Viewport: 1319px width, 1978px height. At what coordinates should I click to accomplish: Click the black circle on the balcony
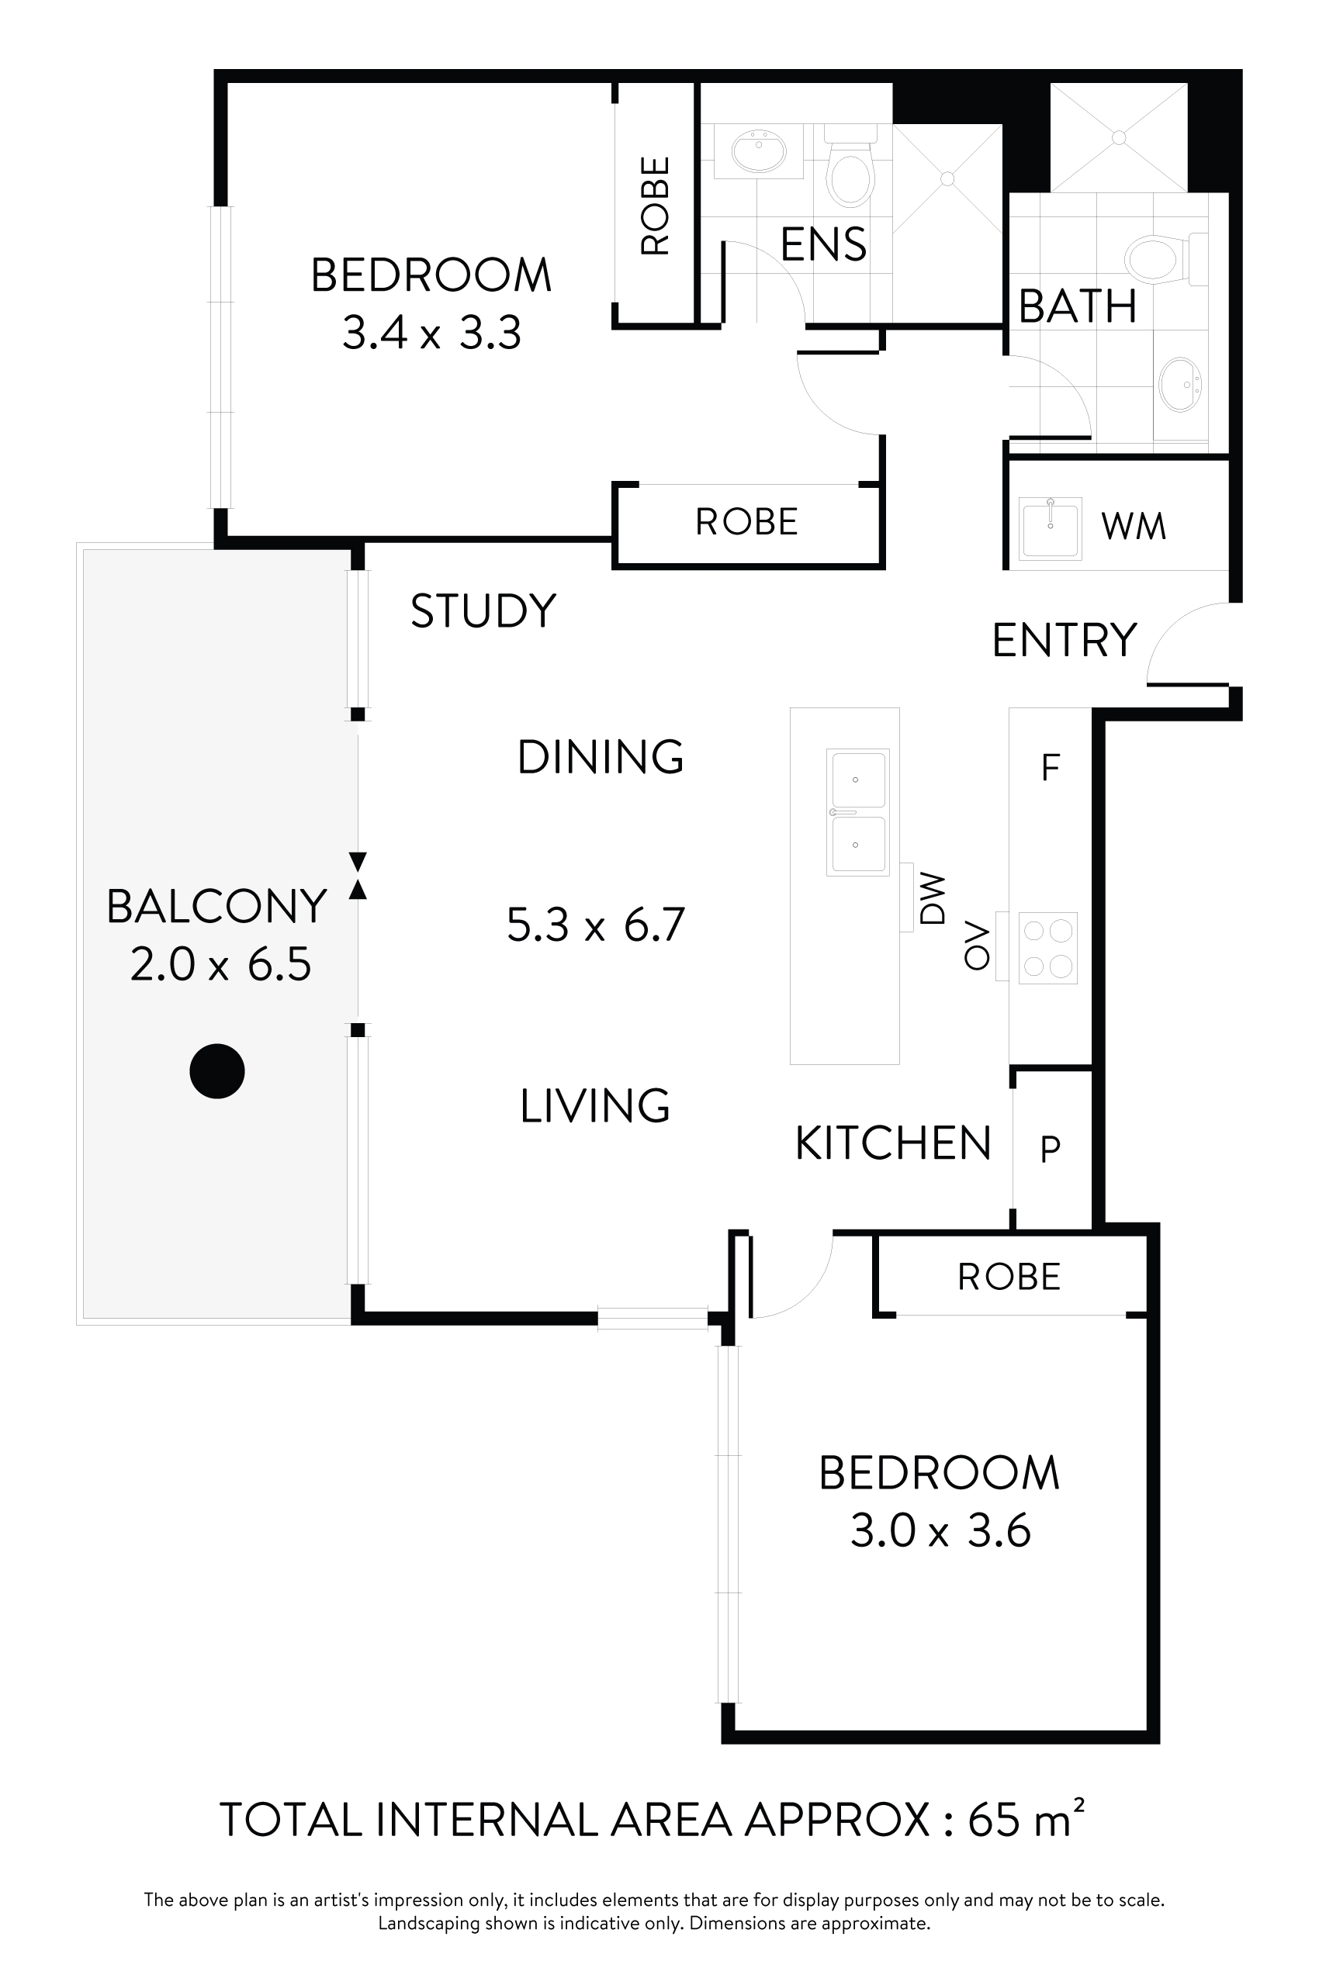point(217,1070)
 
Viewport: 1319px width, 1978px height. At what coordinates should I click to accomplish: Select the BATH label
point(1078,306)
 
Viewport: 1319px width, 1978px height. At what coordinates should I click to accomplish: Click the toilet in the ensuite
point(850,166)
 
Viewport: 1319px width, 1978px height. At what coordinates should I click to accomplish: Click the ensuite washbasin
point(759,151)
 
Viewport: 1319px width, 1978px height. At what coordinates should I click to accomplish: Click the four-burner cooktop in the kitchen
point(1047,948)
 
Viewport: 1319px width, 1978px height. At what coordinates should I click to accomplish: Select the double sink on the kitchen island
point(857,812)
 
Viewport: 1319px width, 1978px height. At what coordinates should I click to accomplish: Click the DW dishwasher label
point(933,898)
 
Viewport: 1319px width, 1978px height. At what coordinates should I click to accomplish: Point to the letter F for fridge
point(1050,767)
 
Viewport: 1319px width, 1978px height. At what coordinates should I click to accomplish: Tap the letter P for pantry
point(1050,1147)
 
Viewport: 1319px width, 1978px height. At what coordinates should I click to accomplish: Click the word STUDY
point(483,610)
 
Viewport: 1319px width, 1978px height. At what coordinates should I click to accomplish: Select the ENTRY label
point(1064,640)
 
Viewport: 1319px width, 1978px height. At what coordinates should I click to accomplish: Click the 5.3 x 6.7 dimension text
point(596,925)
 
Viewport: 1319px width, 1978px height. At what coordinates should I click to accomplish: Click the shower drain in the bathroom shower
point(1119,138)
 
